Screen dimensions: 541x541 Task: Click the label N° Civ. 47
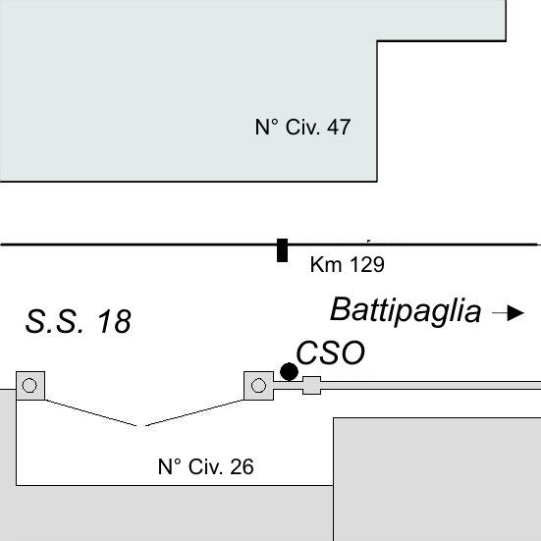[x=302, y=127]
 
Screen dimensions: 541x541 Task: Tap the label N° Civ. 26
[x=205, y=466]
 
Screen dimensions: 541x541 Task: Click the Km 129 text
[x=348, y=265]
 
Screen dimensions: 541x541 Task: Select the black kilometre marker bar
[x=282, y=250]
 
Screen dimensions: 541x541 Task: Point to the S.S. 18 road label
[x=79, y=321]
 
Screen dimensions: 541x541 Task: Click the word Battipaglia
[x=406, y=311]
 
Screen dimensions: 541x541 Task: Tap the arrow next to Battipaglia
[x=508, y=313]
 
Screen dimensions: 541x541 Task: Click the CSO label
[x=331, y=352]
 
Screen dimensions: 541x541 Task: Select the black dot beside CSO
[x=289, y=371]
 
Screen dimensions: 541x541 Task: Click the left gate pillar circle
[x=29, y=386]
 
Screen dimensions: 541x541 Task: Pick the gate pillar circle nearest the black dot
[x=258, y=386]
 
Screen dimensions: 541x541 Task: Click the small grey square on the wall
[x=312, y=385]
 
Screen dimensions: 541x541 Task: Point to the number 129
[x=367, y=265]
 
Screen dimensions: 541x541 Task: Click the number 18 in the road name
[x=114, y=321]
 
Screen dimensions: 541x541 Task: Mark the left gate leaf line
[x=91, y=413]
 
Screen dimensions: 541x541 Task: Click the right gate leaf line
[x=194, y=412]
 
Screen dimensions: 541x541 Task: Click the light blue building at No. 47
[x=189, y=90]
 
